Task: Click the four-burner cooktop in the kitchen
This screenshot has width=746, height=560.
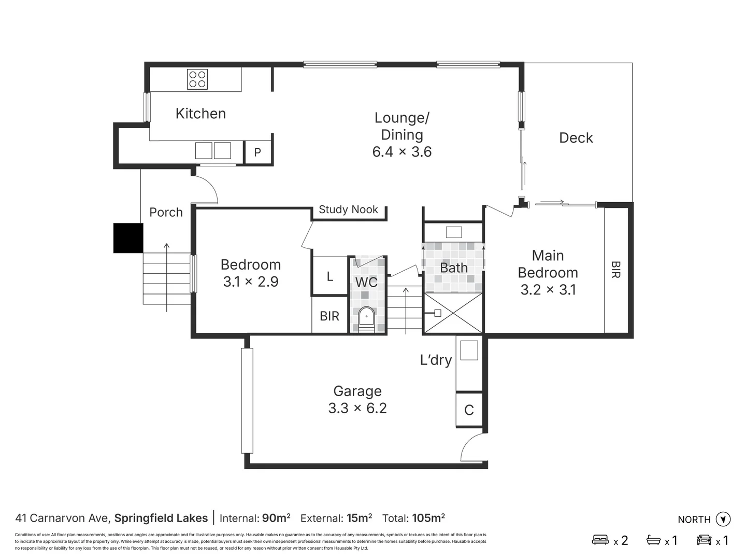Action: (197, 79)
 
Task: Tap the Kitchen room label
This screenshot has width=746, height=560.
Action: (200, 114)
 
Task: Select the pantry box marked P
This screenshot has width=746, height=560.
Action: (257, 152)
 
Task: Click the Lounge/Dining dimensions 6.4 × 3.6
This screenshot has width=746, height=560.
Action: (401, 152)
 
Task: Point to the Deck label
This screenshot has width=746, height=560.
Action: (576, 138)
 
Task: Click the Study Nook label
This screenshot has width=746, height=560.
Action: (348, 209)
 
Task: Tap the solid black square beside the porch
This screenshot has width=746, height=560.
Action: (128, 238)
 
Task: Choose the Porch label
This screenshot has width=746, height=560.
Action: (166, 212)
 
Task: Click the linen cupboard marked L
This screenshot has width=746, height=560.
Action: (329, 276)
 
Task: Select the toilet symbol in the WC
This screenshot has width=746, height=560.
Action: (366, 317)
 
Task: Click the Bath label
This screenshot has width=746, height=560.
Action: (453, 268)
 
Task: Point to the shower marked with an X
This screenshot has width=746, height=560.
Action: (453, 313)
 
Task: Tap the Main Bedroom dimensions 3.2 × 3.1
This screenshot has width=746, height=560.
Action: (548, 290)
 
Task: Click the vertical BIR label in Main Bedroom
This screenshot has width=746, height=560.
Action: (615, 270)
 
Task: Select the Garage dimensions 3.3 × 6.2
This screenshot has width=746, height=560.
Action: (357, 409)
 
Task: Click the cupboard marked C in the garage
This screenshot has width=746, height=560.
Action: (469, 410)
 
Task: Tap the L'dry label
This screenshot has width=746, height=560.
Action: (436, 360)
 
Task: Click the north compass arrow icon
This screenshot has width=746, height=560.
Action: (723, 519)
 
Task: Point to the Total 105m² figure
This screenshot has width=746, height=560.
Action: (428, 518)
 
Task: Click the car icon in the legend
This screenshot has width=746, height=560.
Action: (704, 540)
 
